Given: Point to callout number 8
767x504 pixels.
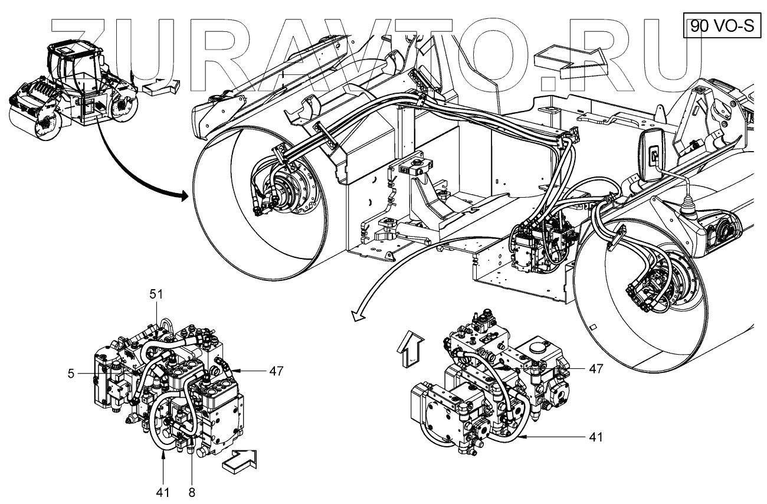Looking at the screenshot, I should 191,490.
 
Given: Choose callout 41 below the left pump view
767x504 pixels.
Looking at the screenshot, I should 163,490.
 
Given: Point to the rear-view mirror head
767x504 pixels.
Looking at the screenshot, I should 653,155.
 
